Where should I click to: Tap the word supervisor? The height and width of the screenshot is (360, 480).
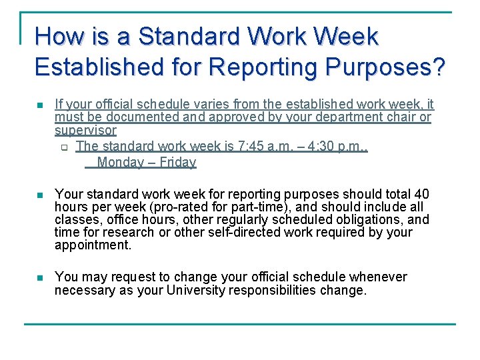coord(85,131)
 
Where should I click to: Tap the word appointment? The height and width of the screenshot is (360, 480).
coord(92,245)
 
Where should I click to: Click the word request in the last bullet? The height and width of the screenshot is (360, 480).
coord(139,277)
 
